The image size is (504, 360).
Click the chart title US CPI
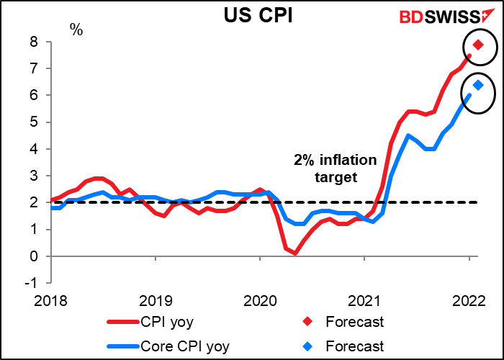click(251, 15)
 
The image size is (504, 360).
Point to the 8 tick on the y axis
click(34, 42)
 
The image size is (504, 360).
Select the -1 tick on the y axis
click(32, 283)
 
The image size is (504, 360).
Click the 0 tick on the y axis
click(34, 256)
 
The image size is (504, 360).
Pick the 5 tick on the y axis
click(34, 122)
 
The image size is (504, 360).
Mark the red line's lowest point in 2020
click(295, 253)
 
